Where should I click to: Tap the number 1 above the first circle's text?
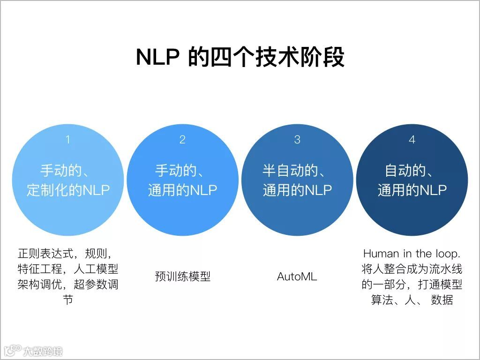[68, 139]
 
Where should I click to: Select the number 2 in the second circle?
[182, 139]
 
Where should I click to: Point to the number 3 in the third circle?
[297, 139]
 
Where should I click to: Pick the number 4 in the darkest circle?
[412, 139]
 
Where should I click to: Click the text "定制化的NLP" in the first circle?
[68, 190]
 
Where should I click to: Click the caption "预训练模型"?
[182, 277]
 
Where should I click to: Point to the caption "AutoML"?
[297, 277]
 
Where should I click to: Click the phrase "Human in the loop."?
[412, 254]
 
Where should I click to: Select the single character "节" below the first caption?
[68, 300]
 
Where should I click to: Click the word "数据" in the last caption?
[442, 300]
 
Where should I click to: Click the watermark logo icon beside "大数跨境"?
[13, 350]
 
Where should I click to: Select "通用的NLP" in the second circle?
[182, 190]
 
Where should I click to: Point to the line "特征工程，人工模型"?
[68, 269]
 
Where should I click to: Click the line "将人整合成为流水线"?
[412, 269]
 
